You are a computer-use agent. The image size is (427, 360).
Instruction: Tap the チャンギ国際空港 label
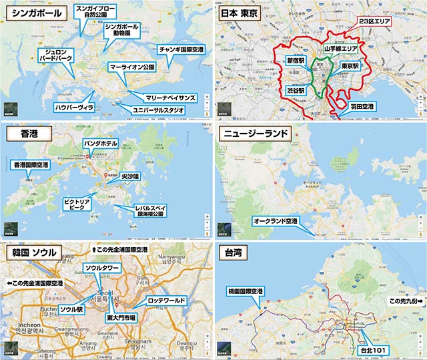pyautogui.click(x=181, y=50)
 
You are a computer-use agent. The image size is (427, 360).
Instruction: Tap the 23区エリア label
pyautogui.click(x=375, y=21)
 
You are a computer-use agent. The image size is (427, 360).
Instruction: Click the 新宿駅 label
pyautogui.click(x=296, y=60)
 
